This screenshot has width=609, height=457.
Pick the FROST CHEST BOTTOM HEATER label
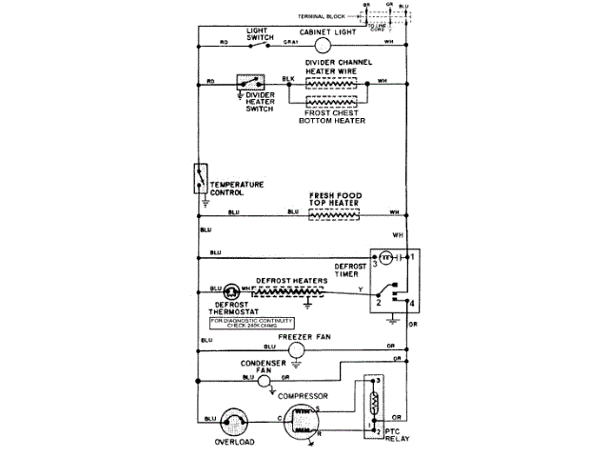click(332, 116)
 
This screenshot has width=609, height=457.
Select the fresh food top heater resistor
click(333, 215)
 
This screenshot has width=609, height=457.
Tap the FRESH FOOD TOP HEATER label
click(333, 198)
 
